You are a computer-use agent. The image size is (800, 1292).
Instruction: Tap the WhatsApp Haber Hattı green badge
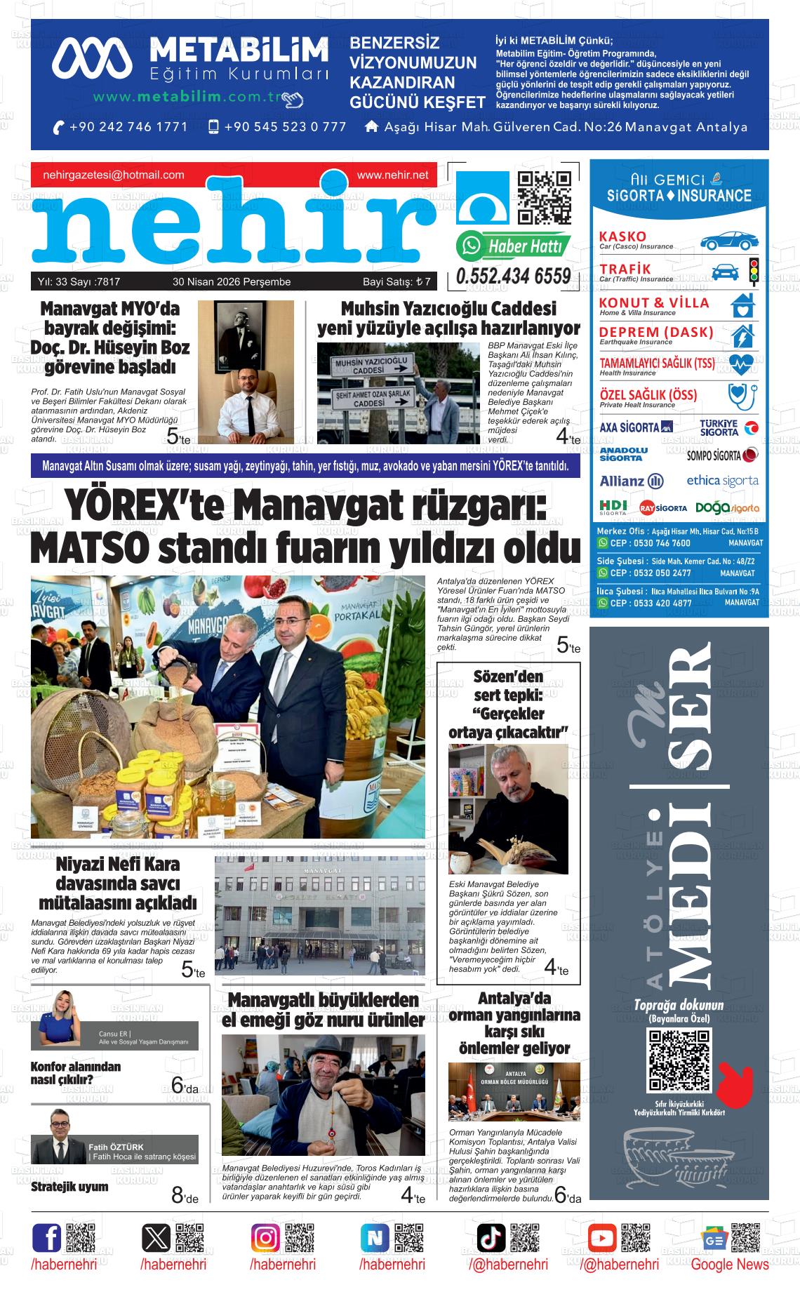pyautogui.click(x=513, y=246)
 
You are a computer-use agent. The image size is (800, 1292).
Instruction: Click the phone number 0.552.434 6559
pyautogui.click(x=513, y=277)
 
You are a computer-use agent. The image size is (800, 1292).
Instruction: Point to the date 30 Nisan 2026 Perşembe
pyautogui.click(x=232, y=282)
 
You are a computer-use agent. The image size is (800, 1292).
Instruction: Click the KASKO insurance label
pyautogui.click(x=622, y=236)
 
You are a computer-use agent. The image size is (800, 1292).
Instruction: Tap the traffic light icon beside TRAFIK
pyautogui.click(x=754, y=272)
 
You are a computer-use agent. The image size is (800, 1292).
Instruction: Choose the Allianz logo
pyautogui.click(x=632, y=481)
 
